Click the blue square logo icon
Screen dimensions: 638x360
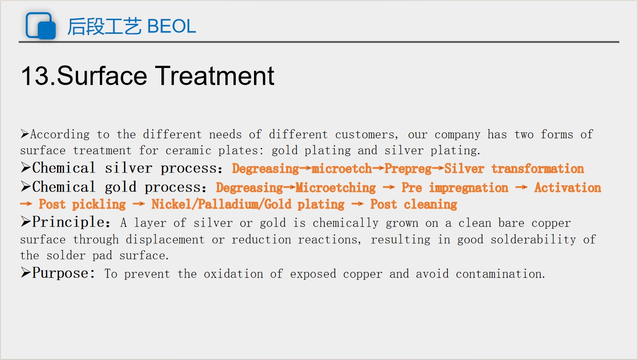(41, 26)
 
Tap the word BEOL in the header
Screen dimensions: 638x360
(171, 26)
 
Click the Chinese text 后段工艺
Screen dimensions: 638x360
(104, 26)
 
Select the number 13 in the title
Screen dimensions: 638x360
(35, 76)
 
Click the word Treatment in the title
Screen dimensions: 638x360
(215, 76)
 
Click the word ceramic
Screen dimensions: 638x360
(188, 150)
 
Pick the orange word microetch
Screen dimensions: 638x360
(342, 168)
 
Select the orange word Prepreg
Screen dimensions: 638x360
(408, 169)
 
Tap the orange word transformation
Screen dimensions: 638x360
(538, 168)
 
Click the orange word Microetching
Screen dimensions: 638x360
(336, 188)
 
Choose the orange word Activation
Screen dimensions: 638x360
(568, 188)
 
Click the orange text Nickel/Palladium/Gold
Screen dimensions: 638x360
(221, 204)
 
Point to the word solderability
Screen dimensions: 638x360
(516, 240)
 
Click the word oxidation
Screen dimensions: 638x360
(233, 274)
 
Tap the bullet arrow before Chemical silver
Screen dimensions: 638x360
(26, 167)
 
